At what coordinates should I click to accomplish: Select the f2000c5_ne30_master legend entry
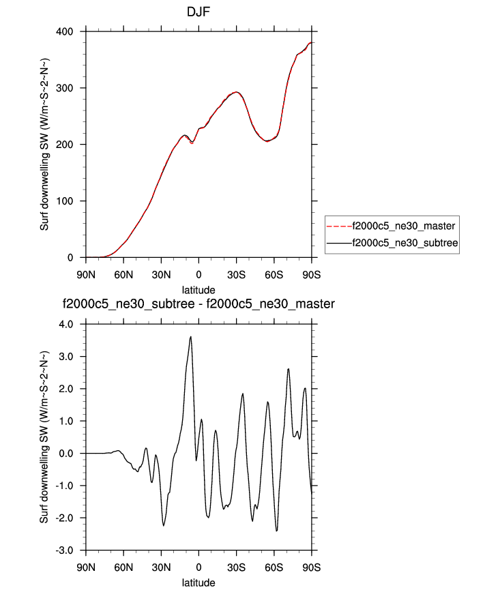402,225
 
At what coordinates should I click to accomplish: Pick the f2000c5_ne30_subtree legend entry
402,242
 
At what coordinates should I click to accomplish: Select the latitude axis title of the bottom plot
198,582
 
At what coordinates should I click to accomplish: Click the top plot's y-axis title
44,145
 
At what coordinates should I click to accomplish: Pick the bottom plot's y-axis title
44,438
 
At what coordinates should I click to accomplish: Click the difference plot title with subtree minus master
198,304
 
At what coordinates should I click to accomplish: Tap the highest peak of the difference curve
191,336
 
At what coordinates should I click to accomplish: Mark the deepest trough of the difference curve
277,531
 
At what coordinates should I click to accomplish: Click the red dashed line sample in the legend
338,225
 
